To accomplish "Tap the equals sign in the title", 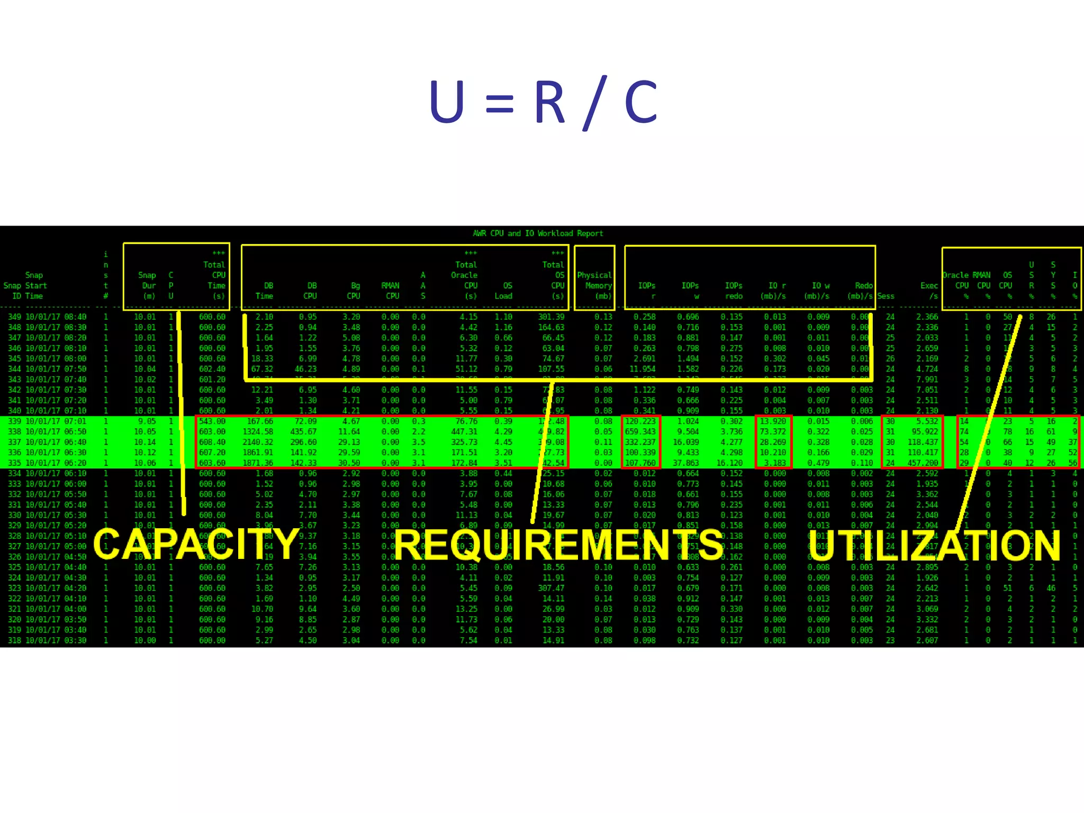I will [x=499, y=104].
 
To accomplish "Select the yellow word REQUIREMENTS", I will [x=558, y=545].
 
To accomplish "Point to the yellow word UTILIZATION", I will [x=934, y=545].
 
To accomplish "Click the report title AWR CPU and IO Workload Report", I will [x=538, y=233].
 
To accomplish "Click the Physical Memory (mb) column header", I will [x=594, y=285].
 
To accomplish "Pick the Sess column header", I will [x=886, y=296].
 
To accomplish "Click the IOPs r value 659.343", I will [x=640, y=431].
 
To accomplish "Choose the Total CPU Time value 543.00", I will [x=212, y=421].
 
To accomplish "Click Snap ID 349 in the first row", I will [x=14, y=317].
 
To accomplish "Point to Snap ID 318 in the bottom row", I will [x=14, y=640].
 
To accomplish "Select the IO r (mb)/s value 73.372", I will [x=773, y=431].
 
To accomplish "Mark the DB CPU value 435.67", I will [x=303, y=431].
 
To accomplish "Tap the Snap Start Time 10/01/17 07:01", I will [x=56, y=421].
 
